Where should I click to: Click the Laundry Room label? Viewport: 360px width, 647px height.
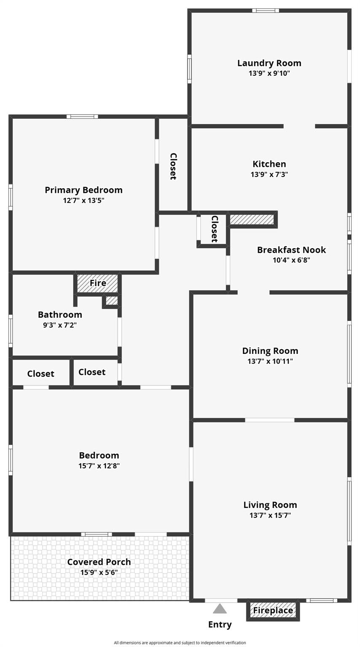[x=269, y=63]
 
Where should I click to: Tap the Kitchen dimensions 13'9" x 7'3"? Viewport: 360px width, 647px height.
[x=269, y=174]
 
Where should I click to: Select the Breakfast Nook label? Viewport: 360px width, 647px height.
[x=291, y=249]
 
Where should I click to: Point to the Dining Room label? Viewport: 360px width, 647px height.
[x=270, y=351]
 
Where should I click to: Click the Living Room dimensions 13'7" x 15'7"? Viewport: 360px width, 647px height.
[x=270, y=515]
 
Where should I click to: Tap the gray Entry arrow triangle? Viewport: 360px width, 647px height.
[x=220, y=608]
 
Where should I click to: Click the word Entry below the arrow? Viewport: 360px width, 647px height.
[x=220, y=625]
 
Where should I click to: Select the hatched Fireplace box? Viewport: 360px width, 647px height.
[x=273, y=610]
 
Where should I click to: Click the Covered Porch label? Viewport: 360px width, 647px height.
[x=99, y=562]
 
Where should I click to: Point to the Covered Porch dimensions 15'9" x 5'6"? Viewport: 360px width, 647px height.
[x=99, y=572]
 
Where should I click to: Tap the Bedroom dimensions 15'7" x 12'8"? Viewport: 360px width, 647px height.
[x=99, y=465]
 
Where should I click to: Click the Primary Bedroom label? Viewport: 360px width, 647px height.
[x=83, y=190]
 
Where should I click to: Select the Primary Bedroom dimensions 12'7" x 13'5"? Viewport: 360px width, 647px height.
[x=83, y=200]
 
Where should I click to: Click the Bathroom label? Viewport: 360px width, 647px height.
[x=60, y=315]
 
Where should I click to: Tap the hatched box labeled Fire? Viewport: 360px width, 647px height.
[x=97, y=283]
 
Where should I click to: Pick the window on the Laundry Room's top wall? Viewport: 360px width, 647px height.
[x=266, y=11]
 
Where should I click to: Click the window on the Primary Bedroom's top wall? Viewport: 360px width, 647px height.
[x=82, y=117]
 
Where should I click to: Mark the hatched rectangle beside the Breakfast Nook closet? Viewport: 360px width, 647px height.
[x=252, y=219]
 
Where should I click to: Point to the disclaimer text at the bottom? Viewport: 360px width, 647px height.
[x=180, y=643]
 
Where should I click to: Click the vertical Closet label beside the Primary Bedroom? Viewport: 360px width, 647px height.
[x=173, y=166]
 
